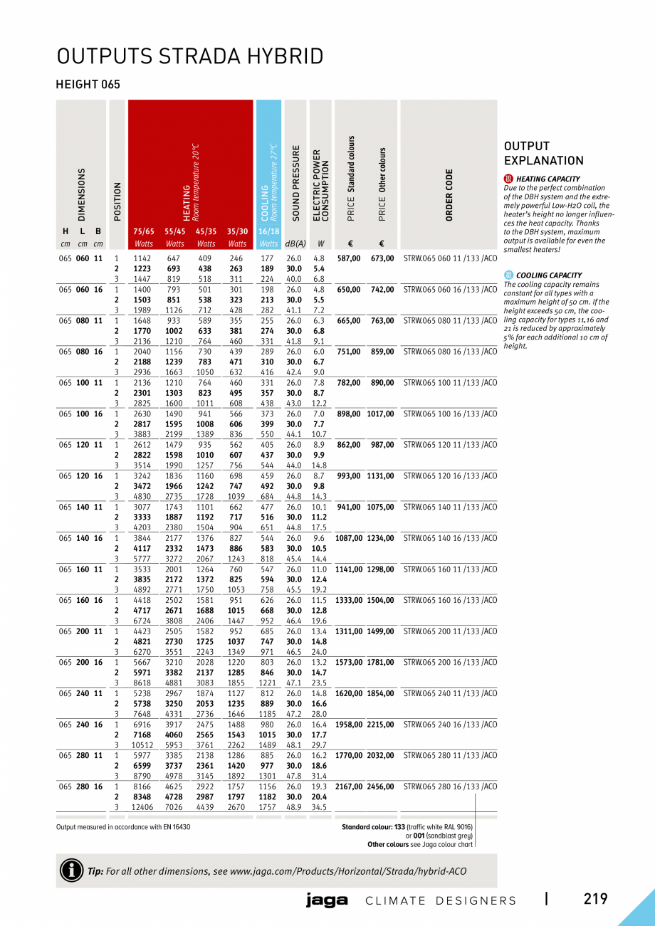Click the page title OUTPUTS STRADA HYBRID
190,56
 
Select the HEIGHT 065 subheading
88,85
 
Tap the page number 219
595,899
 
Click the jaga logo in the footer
327,900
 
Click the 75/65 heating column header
144,231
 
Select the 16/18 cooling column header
268,231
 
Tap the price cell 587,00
348,258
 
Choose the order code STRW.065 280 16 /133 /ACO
450,786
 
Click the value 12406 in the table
142,807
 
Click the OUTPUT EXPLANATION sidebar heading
543,154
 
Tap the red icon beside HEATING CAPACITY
508,179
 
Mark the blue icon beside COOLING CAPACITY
508,275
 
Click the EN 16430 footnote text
123,827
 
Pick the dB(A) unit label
295,244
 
